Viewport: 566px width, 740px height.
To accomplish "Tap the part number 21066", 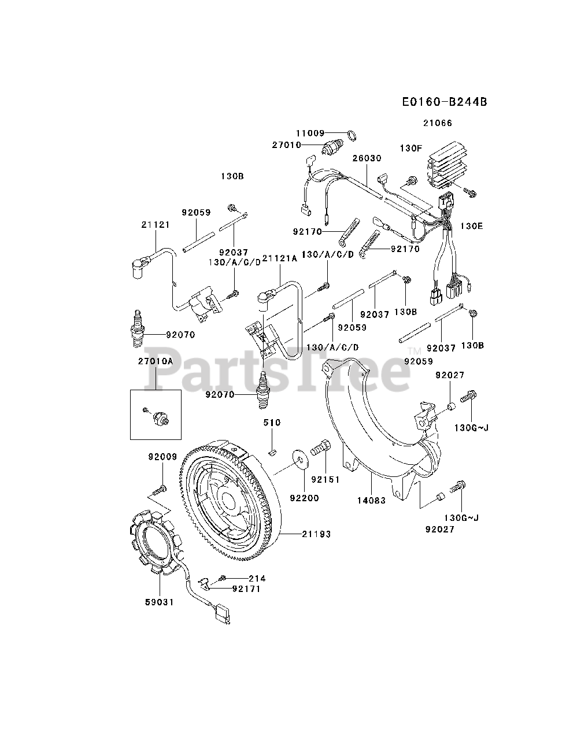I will pos(437,123).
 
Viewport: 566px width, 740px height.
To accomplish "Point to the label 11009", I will pos(311,133).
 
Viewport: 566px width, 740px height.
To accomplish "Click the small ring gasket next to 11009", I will pos(350,136).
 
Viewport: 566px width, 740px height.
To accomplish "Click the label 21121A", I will pos(280,258).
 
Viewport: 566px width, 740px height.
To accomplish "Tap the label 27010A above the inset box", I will pos(156,360).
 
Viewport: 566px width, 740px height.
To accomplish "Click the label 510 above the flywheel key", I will pos(272,423).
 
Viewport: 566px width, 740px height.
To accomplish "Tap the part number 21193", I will pos(316,534).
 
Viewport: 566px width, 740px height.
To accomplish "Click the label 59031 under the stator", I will pos(159,602).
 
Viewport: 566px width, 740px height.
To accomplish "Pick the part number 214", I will pos(257,578).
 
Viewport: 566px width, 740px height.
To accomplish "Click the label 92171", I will pos(247,589).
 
